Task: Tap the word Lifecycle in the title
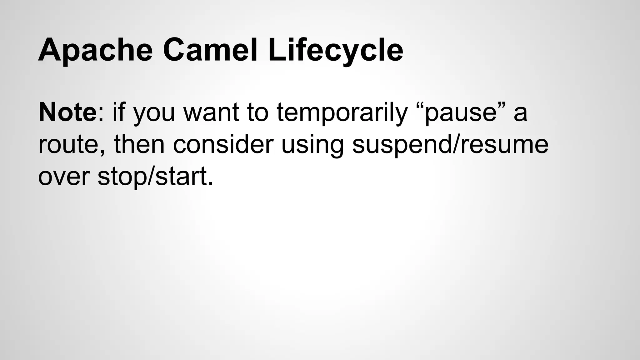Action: coord(335,50)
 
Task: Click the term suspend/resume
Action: coord(450,145)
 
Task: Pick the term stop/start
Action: coord(152,177)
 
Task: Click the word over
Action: coord(64,177)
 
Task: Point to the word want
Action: coord(212,113)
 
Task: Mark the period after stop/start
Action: coord(211,184)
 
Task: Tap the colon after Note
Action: coord(100,116)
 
